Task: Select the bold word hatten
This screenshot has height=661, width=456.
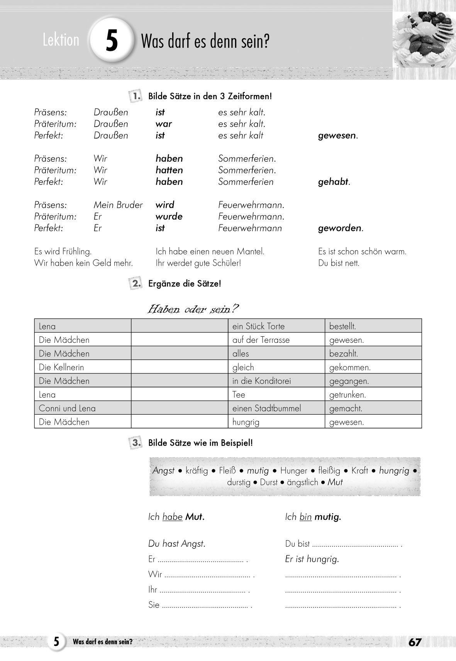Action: [169, 170]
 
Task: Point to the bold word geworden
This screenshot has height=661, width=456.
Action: [340, 228]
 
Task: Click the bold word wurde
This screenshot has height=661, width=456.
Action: [169, 217]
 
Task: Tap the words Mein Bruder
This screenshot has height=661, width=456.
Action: [118, 205]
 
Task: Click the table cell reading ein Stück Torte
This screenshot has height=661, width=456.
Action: [258, 326]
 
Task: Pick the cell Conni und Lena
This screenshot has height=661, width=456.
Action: [67, 408]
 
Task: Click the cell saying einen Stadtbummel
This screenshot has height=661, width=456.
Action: [266, 408]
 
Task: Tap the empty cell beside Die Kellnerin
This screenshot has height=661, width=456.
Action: [180, 367]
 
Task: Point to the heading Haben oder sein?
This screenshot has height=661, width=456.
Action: [193, 309]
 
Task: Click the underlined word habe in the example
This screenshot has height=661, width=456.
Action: [172, 517]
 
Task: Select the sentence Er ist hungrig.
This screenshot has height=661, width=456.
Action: [312, 559]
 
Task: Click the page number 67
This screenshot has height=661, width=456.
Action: [415, 642]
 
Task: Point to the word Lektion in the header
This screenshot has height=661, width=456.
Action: [61, 40]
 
